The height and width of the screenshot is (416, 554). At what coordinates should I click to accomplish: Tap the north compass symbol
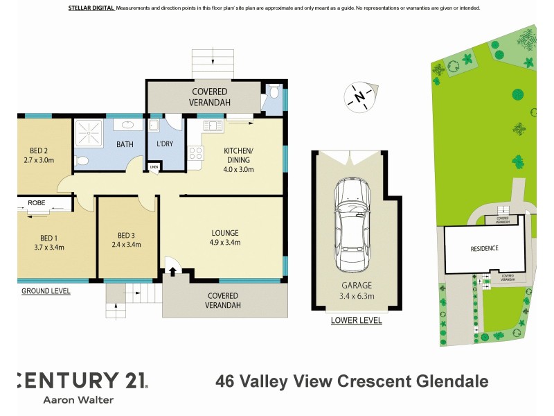point(359,96)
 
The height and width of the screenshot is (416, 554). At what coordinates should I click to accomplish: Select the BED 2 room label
point(39,150)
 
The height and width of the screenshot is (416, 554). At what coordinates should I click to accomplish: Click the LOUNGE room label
point(226,233)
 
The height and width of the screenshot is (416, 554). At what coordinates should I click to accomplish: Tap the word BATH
point(125,145)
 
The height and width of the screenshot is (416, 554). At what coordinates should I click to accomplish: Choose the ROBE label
point(37,202)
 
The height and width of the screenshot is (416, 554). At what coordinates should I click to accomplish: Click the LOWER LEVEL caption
point(356,320)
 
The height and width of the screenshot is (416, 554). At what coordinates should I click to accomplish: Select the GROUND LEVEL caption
point(46,291)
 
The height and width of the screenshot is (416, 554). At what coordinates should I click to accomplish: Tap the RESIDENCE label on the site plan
point(485,248)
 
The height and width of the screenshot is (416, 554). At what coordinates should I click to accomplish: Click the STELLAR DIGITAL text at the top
point(91,8)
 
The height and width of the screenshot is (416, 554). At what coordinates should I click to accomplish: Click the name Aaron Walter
point(78,400)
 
